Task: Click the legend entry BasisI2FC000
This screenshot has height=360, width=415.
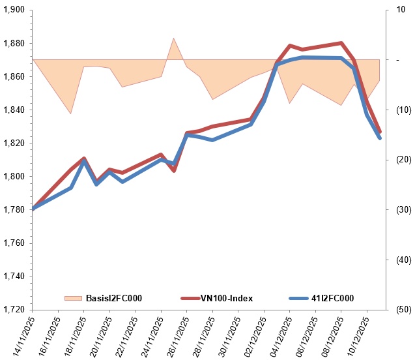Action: pos(113,298)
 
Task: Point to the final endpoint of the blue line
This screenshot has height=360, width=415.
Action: pos(380,138)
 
